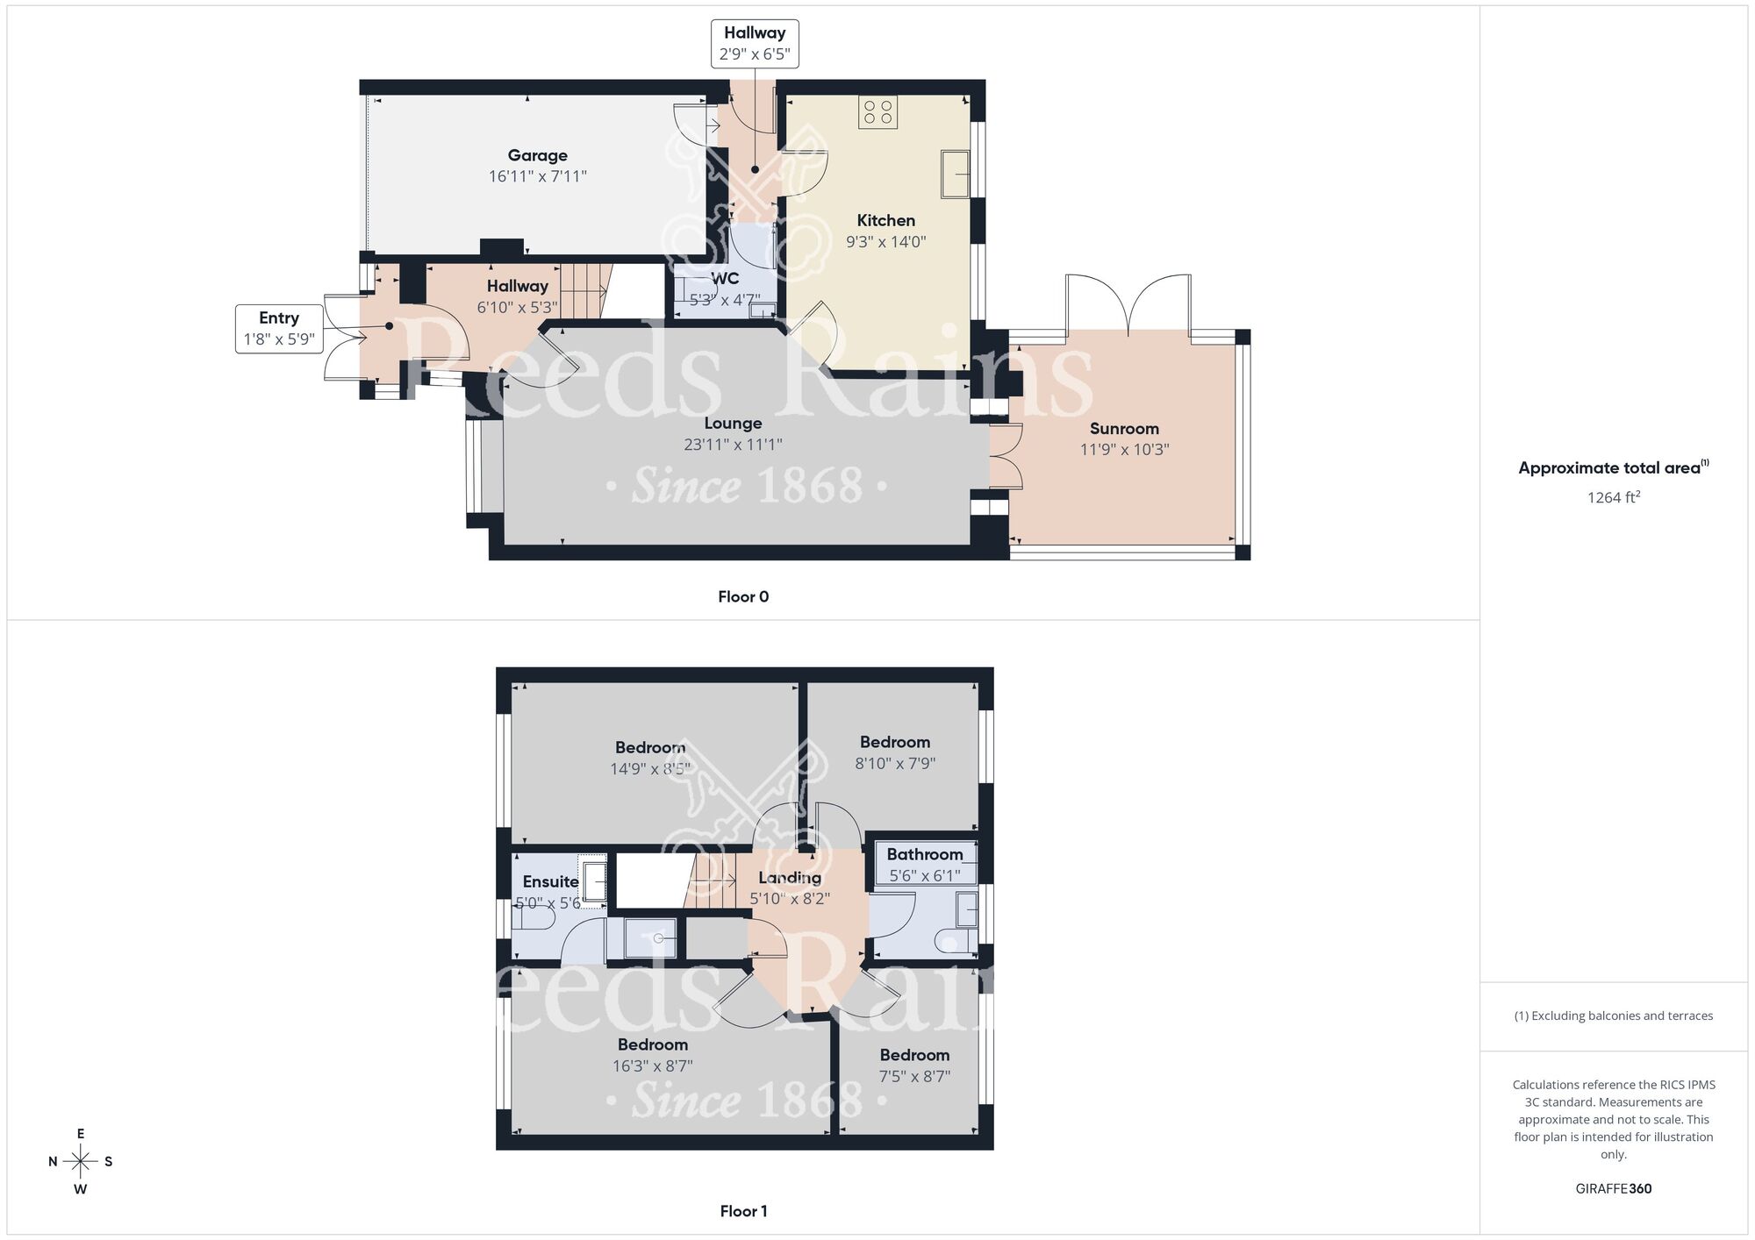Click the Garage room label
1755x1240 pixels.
point(537,155)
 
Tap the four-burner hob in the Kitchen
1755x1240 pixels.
point(877,111)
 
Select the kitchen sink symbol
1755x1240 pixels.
point(955,173)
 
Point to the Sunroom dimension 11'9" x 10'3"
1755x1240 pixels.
point(1124,449)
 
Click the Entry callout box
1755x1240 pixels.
point(278,329)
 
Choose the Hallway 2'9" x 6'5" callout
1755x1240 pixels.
point(754,43)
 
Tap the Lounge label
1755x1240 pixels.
point(733,423)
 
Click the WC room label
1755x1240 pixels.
point(725,278)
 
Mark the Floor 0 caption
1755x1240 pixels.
point(743,596)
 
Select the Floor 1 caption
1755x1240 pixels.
point(743,1211)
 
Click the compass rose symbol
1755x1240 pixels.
point(80,1162)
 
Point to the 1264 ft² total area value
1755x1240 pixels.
point(1613,497)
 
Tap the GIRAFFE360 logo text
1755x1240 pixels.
point(1613,1189)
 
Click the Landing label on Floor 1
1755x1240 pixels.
point(790,877)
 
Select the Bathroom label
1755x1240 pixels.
point(924,854)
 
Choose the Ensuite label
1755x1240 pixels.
point(550,881)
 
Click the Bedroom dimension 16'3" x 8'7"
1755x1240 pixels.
point(652,1066)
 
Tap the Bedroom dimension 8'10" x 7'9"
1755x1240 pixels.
point(895,763)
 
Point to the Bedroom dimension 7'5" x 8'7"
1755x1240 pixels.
point(914,1076)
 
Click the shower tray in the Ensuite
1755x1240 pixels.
point(650,938)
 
